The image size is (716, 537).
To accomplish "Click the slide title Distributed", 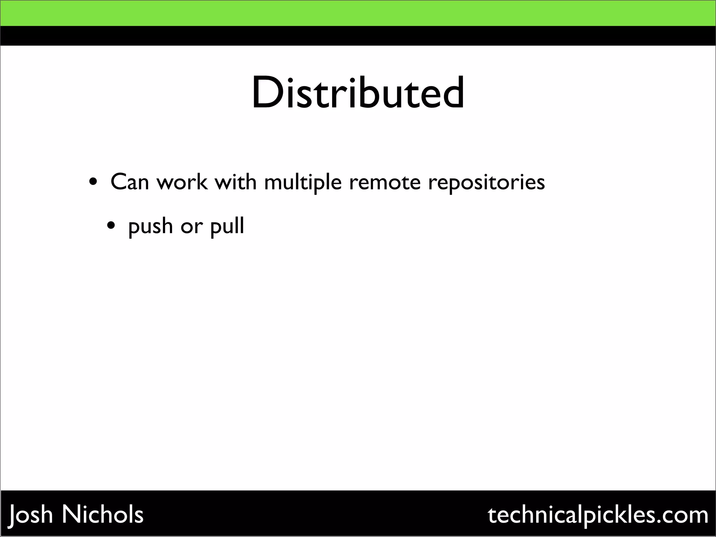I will pos(358,93).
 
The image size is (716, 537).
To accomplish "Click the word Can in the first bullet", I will pos(130,182).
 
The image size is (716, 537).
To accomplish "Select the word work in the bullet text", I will pos(182,182).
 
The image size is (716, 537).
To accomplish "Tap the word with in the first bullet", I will pos(236,182).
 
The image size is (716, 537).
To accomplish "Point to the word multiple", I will pos(303,182).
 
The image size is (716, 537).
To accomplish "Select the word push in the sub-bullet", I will pos(151,227).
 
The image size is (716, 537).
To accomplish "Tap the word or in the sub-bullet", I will pos(192,227).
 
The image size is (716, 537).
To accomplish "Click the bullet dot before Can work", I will pos(93,182).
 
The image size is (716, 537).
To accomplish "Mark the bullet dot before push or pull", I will pos(111,226).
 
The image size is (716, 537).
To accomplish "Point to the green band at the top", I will pos(358,13).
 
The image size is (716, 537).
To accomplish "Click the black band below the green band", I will pos(358,36).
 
